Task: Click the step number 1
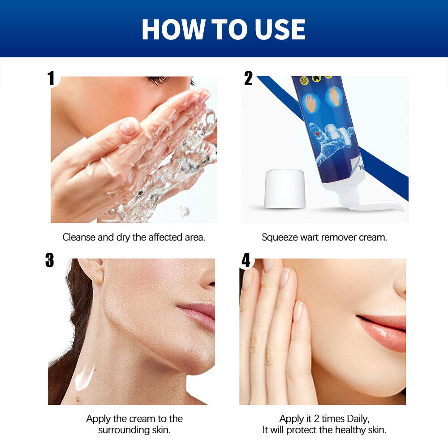click(52, 78)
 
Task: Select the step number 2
click(248, 78)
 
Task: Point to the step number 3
click(50, 260)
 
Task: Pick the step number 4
click(246, 260)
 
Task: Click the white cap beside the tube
click(284, 189)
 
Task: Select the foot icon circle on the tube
click(334, 97)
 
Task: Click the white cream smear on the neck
click(84, 377)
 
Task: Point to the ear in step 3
click(92, 270)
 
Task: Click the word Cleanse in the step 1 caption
click(79, 237)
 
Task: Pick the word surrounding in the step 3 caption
click(124, 430)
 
